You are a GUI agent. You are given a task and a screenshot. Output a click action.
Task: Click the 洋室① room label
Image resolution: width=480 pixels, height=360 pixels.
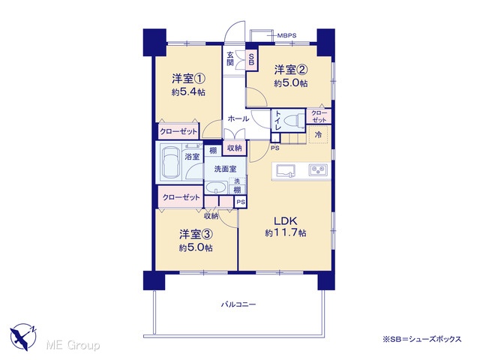click(x=188, y=79)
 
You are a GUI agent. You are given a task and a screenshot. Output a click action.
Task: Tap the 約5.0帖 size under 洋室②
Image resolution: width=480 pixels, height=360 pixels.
click(x=291, y=83)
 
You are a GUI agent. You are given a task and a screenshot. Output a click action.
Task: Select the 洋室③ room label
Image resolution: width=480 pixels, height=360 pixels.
click(x=196, y=235)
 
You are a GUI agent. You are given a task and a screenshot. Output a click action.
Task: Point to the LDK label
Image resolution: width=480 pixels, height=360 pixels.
click(x=285, y=220)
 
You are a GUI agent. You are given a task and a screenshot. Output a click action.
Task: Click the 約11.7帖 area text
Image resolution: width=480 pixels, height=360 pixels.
click(x=285, y=233)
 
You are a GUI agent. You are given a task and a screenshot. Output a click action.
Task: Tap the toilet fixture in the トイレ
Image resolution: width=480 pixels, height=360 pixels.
click(x=294, y=121)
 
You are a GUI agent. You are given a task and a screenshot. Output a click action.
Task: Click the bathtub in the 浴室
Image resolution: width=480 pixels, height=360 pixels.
click(x=170, y=162)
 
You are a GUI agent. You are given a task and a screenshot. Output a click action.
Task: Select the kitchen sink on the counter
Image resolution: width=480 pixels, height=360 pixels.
click(x=286, y=170)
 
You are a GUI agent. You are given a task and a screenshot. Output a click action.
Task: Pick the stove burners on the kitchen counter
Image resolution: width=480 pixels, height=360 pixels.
click(x=318, y=170)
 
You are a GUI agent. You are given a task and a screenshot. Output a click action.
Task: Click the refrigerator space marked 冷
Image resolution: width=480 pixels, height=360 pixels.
click(x=318, y=134)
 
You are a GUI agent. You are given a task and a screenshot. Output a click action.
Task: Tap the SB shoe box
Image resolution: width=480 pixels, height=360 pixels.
click(x=251, y=59)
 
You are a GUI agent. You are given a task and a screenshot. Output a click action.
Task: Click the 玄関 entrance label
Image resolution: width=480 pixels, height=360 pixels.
click(x=230, y=59)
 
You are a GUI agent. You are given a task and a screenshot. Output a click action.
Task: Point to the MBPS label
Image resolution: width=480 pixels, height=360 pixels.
click(x=286, y=35)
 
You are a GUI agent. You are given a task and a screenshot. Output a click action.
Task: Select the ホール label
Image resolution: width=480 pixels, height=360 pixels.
click(x=238, y=118)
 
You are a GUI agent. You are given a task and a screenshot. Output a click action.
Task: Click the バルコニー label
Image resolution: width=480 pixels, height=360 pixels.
click(x=238, y=304)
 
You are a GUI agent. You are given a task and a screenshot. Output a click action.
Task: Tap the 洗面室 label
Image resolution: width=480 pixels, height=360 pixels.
click(x=225, y=169)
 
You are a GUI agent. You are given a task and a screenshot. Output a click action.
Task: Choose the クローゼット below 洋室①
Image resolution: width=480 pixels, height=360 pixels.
click(x=178, y=132)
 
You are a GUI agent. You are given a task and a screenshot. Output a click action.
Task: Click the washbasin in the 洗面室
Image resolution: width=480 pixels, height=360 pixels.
click(x=216, y=187)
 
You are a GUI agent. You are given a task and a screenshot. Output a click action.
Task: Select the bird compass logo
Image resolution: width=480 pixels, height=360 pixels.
click(x=23, y=337)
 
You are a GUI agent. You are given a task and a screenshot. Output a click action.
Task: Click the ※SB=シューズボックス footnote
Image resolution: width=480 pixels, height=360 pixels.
click(x=421, y=339)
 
